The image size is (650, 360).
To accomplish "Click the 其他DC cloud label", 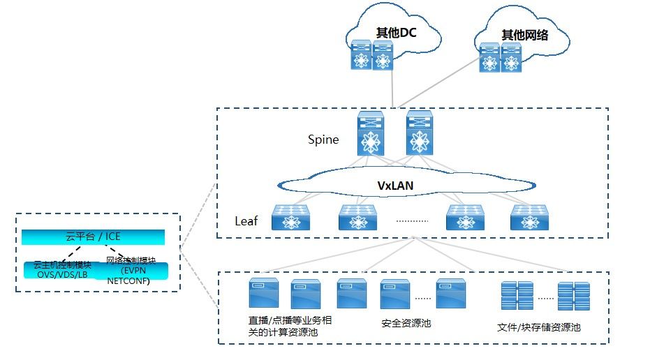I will coord(396,32).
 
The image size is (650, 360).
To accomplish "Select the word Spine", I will coord(323,140).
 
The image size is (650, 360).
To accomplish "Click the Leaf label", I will coord(246,221).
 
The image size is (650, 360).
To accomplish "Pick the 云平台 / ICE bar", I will coord(93,237).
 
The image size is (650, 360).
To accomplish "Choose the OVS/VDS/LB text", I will coord(62,274).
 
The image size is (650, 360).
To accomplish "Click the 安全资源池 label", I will coord(406,324).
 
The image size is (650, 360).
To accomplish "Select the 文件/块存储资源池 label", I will coord(539,327).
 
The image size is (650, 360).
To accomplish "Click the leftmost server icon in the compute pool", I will coord(264,294).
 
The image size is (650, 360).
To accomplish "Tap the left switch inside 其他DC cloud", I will coord(361,54).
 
